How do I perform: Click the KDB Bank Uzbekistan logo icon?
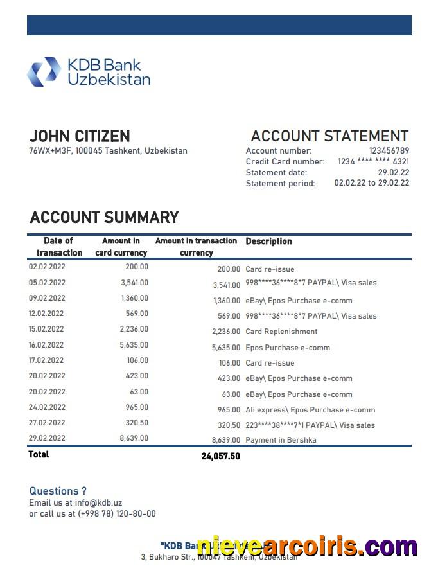click(x=44, y=71)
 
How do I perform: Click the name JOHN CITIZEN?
click(x=80, y=136)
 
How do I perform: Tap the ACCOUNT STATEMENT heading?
click(x=329, y=136)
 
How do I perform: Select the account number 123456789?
click(x=389, y=151)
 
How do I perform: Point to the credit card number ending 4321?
click(x=373, y=162)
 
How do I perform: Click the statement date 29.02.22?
click(x=393, y=172)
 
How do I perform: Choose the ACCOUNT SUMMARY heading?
click(x=104, y=217)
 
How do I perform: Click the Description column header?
click(x=268, y=242)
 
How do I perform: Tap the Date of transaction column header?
click(x=59, y=247)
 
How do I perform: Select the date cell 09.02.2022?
click(x=47, y=298)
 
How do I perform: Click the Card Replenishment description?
click(x=281, y=332)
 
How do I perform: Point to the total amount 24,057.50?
click(x=220, y=456)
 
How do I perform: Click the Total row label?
click(x=39, y=454)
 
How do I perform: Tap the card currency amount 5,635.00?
click(x=134, y=345)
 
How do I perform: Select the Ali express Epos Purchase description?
click(x=310, y=410)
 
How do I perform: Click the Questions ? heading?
click(x=58, y=491)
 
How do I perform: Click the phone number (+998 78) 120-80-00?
click(x=116, y=513)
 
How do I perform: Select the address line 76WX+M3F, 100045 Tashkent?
click(x=108, y=151)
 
